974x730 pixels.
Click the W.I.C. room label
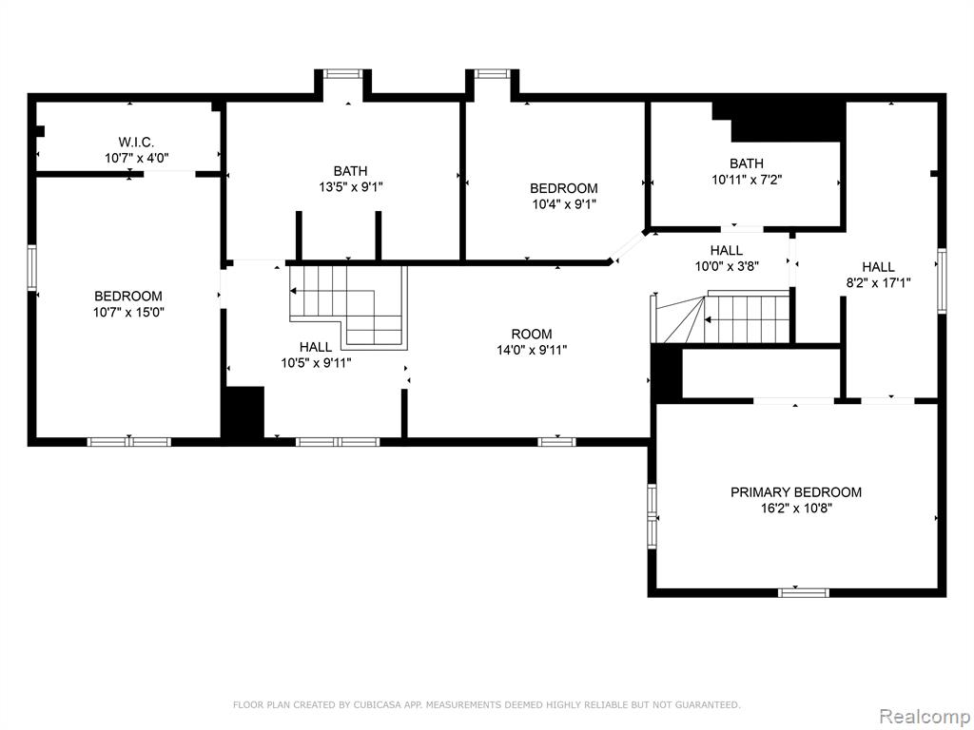136,143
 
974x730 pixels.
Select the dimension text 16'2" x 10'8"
796,509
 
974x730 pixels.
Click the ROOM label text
531,334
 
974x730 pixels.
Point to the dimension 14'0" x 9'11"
531,350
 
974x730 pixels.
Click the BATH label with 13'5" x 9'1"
350,171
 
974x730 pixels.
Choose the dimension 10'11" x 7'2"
746,180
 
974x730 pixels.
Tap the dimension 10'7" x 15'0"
128,312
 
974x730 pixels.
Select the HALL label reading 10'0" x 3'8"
726,250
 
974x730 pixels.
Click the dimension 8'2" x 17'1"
878,283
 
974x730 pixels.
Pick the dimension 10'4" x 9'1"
563,204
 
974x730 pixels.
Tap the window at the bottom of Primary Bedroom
803,593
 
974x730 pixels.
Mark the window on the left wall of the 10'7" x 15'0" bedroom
31,267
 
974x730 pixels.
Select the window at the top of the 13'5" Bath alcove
343,74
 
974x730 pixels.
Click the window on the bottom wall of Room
556,442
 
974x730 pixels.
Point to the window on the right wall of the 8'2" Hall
942,280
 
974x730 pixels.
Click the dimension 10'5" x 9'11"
316,363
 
